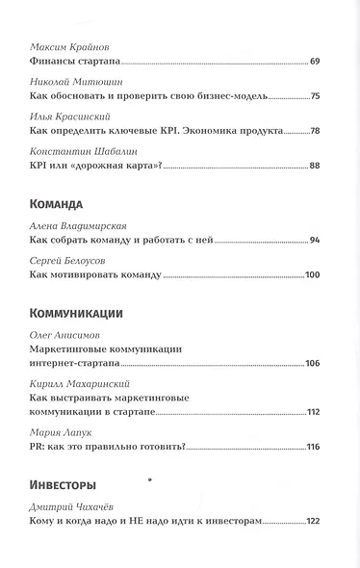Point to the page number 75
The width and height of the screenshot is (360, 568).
[314, 97]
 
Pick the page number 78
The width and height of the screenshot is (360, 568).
[314, 130]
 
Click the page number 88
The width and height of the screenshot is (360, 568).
[314, 166]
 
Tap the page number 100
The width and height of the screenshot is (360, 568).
[311, 276]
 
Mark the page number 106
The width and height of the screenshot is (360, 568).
[311, 363]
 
